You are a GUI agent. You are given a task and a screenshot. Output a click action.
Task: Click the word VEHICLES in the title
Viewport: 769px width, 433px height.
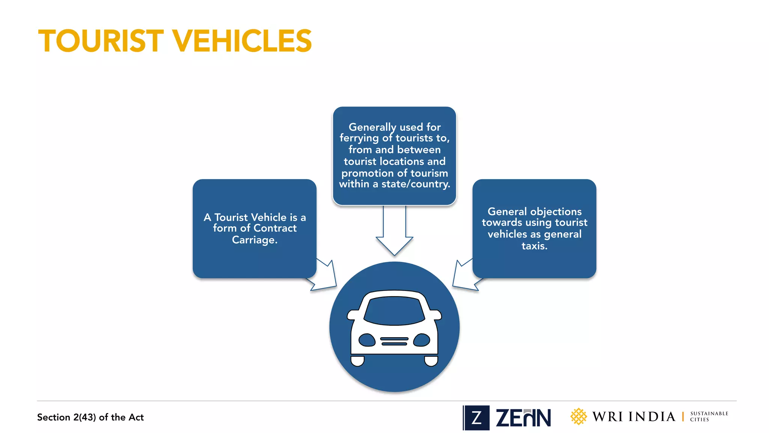tap(242, 41)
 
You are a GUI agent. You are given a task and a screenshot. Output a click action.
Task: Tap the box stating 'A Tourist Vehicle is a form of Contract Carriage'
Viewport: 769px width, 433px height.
tap(255, 229)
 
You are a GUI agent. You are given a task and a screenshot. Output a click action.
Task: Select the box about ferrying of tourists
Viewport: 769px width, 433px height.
tap(394, 156)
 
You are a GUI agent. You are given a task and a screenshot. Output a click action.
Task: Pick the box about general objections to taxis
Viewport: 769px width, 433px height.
tap(534, 229)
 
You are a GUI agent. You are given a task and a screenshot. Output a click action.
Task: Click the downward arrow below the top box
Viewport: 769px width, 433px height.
tap(394, 233)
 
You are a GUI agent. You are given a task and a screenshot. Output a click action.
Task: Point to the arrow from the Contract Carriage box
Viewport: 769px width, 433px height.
tap(325, 276)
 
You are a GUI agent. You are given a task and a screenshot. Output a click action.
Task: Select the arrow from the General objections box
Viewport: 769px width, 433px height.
tap(464, 276)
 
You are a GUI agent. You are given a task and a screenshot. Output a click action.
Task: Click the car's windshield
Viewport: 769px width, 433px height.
tap(394, 310)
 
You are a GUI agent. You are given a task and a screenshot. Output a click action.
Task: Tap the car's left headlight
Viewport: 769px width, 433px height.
tap(367, 340)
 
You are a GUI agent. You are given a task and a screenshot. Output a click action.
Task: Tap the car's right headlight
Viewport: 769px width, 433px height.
tap(421, 340)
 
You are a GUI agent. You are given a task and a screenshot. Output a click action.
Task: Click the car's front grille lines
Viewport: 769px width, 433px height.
tap(394, 341)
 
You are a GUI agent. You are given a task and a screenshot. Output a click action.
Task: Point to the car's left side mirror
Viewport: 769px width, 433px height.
tap(353, 315)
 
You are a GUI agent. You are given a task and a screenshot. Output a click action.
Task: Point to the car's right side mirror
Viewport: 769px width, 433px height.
tap(436, 315)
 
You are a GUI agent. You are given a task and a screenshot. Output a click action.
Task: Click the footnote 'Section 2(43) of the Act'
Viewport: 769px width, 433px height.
tap(90, 417)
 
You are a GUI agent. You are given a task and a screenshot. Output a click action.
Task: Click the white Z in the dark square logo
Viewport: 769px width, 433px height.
tap(476, 418)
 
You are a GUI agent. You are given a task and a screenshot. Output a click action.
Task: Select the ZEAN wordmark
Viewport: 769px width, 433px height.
tap(523, 418)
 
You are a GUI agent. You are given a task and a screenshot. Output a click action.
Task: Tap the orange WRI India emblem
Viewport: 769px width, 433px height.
tap(578, 416)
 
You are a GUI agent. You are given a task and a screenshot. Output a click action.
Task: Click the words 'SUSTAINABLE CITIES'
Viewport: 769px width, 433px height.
tap(709, 416)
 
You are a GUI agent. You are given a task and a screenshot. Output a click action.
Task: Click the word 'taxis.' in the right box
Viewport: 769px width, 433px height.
tap(534, 246)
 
